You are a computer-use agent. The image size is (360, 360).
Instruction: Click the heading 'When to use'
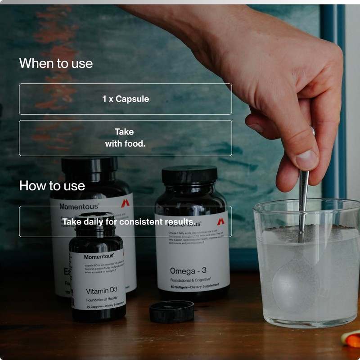pyautogui.click(x=56, y=63)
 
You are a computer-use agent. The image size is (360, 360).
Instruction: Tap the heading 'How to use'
pyautogui.click(x=52, y=185)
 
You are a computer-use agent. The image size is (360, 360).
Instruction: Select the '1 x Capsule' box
pyautogui.click(x=125, y=99)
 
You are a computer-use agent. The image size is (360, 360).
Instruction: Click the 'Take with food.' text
pyautogui.click(x=125, y=138)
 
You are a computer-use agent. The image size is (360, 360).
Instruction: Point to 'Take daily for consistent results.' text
pyautogui.click(x=128, y=221)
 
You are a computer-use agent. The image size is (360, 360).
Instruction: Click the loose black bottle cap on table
pyautogui.click(x=171, y=311)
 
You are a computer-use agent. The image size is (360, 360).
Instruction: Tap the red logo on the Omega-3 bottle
pyautogui.click(x=220, y=222)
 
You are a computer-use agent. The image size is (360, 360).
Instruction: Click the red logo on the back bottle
pyautogui.click(x=125, y=203)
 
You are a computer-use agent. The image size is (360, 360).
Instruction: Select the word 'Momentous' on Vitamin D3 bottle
pyautogui.click(x=99, y=256)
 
